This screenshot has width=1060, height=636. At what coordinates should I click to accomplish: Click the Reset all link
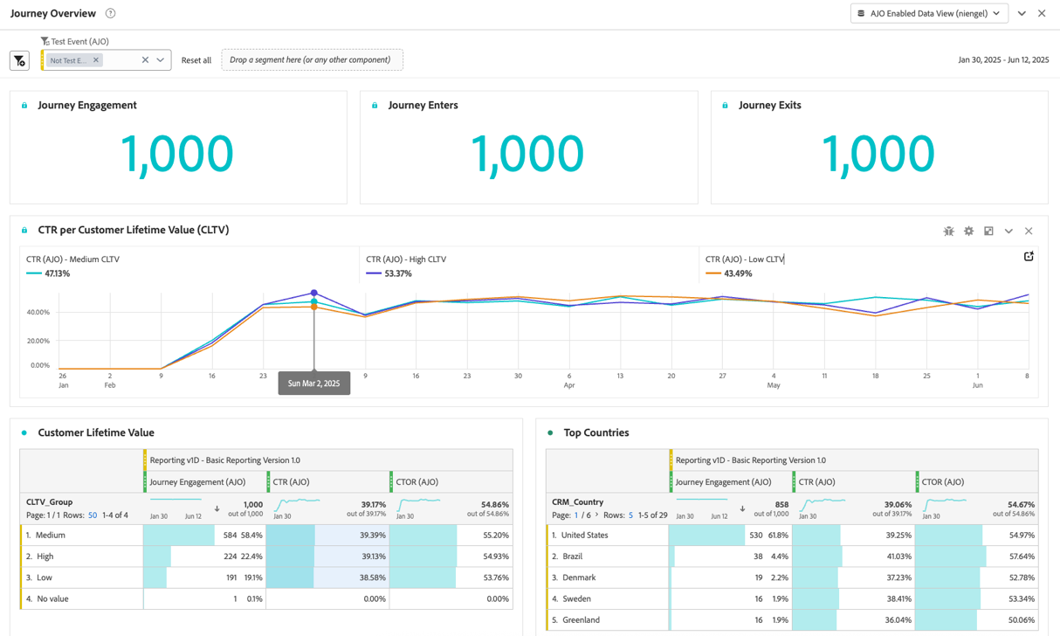pos(196,60)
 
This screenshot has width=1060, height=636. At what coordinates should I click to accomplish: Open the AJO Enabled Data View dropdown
pos(929,13)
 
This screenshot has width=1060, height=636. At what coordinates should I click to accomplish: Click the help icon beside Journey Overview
pos(110,13)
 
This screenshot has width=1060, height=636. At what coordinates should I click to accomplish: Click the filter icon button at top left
pos(19,60)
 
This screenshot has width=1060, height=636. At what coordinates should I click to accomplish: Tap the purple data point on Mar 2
pos(314,293)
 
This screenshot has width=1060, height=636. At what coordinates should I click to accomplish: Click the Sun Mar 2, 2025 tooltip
pos(314,383)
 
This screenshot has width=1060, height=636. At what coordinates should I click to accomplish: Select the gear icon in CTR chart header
pos(968,232)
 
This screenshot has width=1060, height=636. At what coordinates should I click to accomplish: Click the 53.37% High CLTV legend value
pos(397,273)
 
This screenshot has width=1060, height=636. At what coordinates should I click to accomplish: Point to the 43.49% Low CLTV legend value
pos(738,273)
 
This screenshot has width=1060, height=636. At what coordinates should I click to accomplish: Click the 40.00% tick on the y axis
pos(38,312)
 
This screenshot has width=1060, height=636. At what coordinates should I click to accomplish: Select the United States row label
pos(585,535)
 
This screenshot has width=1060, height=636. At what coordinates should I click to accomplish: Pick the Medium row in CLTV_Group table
pos(51,535)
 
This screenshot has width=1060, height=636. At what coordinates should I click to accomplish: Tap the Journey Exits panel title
pos(769,105)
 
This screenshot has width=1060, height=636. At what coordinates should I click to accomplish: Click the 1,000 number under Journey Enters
pos(527,153)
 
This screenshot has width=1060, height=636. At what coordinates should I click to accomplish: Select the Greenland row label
pos(581,619)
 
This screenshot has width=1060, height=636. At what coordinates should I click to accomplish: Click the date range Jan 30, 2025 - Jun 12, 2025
pos(1002,60)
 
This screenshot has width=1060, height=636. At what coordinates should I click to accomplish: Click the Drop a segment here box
pos(312,60)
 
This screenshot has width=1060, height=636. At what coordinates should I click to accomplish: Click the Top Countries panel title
pos(595,432)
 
